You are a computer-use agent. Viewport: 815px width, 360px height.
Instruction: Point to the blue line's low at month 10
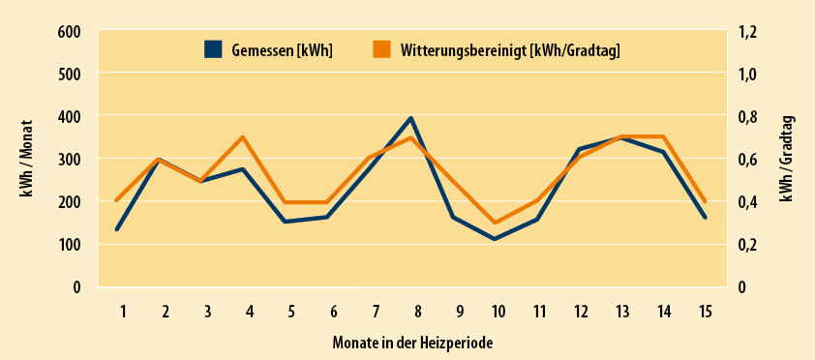click(x=495, y=239)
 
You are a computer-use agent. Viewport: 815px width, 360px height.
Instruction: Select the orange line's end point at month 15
click(x=705, y=201)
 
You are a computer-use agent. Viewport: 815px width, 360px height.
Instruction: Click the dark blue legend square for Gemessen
click(x=214, y=50)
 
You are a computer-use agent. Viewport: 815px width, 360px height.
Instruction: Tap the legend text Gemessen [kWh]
click(x=282, y=50)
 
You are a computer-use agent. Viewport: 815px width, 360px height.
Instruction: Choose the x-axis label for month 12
click(x=579, y=312)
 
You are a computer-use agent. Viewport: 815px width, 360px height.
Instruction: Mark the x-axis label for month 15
click(x=705, y=312)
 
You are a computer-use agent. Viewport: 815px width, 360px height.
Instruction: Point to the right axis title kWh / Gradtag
click(x=788, y=158)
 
